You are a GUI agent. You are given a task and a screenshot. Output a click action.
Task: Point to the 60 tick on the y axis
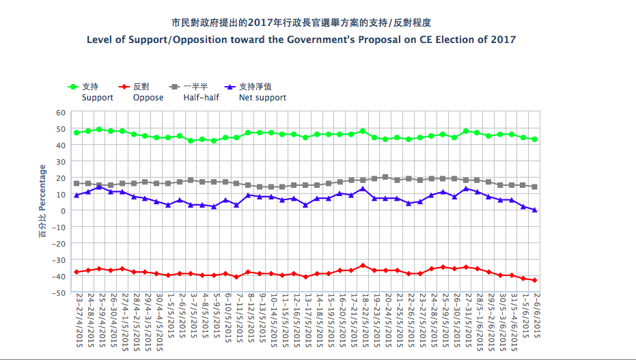point(59,112)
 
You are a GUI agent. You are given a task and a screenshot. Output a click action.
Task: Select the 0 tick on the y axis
point(62,210)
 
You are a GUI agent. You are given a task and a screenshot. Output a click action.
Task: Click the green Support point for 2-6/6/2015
point(534,139)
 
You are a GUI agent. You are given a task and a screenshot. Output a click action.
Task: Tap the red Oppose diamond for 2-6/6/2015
point(534,280)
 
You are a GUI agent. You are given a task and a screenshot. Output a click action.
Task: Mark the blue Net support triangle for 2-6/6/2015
point(534,210)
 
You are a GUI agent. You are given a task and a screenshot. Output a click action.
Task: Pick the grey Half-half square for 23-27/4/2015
point(77,184)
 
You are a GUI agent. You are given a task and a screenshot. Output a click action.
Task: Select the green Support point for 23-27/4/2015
point(77,133)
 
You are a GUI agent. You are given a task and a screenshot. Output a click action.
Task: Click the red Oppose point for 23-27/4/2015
point(77,272)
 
